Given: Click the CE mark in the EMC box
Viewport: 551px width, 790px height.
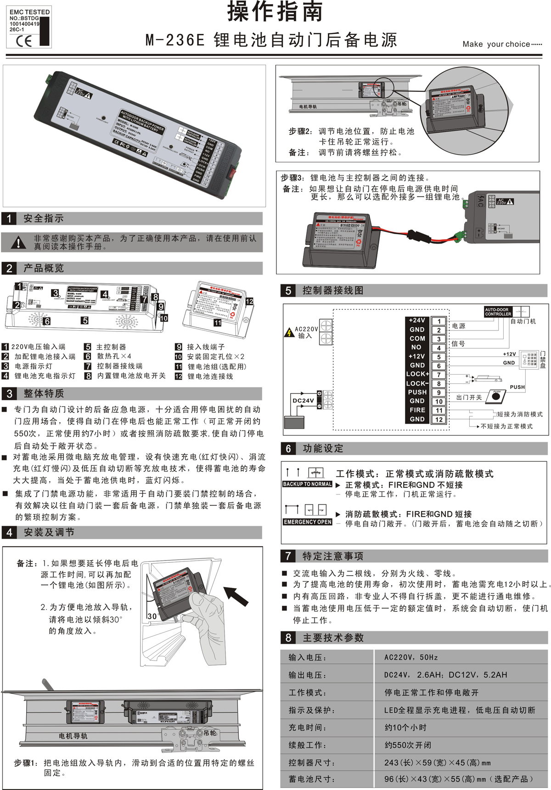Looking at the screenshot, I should pyautogui.click(x=24, y=41).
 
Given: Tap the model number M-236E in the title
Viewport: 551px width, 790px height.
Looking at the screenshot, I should pyautogui.click(x=175, y=40).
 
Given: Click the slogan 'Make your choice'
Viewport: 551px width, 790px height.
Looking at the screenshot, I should pyautogui.click(x=502, y=44).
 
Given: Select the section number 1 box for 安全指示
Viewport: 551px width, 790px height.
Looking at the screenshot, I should pyautogui.click(x=9, y=219).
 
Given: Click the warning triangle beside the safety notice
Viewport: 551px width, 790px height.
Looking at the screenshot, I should pyautogui.click(x=18, y=242).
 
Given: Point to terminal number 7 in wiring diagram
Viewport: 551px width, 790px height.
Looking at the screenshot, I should pyautogui.click(x=439, y=375).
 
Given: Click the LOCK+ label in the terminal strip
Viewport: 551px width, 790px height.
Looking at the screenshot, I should pyautogui.click(x=417, y=374).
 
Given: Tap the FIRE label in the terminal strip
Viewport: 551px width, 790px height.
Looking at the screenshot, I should pyautogui.click(x=417, y=410).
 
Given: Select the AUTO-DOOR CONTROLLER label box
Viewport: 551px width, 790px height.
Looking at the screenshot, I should pyautogui.click(x=498, y=312).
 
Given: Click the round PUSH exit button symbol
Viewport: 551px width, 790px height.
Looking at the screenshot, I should pyautogui.click(x=496, y=396).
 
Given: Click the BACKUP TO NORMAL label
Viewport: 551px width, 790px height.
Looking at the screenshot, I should pyautogui.click(x=307, y=484).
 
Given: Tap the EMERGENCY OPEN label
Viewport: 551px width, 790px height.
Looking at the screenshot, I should pyautogui.click(x=307, y=522).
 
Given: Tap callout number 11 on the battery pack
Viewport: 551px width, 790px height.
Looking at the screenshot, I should pyautogui.click(x=217, y=323).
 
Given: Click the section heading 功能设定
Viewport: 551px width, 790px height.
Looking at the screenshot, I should pyautogui.click(x=322, y=448).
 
